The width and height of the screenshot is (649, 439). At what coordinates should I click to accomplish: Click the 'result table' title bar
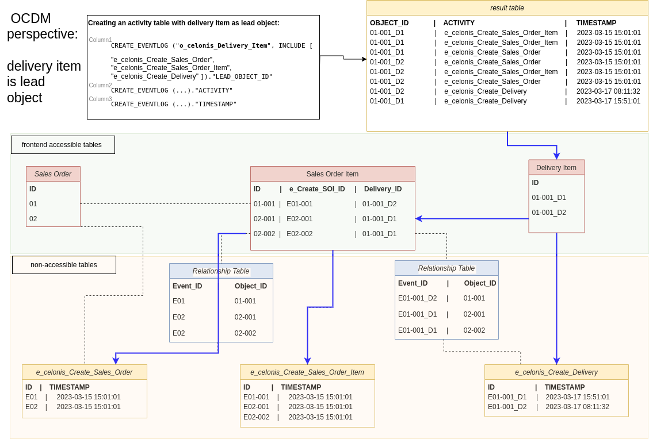click(507, 8)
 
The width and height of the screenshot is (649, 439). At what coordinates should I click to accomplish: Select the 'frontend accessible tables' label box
click(62, 145)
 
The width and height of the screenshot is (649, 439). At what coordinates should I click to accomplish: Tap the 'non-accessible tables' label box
click(64, 265)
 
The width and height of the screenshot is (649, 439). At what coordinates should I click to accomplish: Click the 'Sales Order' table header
click(53, 174)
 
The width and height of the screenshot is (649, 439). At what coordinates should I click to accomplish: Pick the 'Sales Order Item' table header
click(333, 174)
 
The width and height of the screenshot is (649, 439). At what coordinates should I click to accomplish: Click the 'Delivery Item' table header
click(556, 168)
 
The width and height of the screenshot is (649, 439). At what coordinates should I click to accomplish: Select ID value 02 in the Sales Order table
click(33, 219)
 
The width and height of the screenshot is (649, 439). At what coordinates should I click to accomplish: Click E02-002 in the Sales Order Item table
click(300, 234)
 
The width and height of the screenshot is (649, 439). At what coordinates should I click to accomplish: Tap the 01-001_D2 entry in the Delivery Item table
click(549, 213)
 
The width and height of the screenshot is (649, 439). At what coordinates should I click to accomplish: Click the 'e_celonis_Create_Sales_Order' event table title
click(85, 372)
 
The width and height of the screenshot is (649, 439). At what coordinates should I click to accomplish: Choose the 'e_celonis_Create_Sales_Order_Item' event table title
click(307, 372)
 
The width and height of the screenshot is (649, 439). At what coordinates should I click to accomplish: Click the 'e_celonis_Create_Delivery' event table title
click(556, 372)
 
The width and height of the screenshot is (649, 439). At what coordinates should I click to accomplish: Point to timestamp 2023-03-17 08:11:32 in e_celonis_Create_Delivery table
click(577, 407)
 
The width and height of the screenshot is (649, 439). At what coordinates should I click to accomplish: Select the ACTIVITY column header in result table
click(459, 23)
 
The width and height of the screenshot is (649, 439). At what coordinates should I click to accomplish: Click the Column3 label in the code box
click(100, 99)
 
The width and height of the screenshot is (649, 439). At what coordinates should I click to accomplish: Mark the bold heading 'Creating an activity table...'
click(184, 23)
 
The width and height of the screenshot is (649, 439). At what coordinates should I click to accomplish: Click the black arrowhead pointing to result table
click(364, 59)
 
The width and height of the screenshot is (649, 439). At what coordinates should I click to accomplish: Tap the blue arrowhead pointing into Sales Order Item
click(419, 219)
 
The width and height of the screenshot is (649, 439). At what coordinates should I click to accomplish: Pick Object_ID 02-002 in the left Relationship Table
click(245, 333)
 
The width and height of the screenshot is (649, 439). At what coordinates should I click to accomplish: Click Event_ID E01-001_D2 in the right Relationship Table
click(417, 298)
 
